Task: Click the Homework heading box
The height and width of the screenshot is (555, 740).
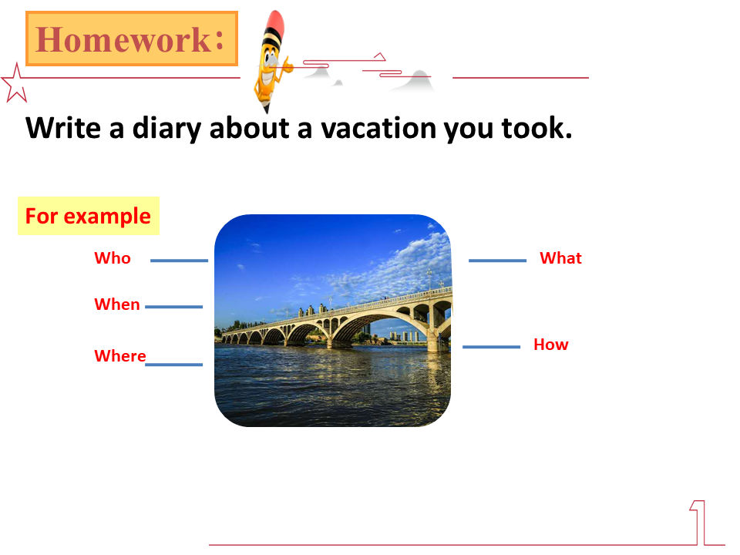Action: click(132, 39)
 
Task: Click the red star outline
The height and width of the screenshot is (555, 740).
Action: click(15, 84)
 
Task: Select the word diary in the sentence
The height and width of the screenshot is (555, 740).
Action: click(166, 129)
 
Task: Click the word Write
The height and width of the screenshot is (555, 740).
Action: click(63, 128)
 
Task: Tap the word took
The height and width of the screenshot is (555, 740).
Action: click(536, 128)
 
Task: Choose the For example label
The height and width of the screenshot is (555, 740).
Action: click(88, 216)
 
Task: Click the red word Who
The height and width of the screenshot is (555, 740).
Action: click(113, 258)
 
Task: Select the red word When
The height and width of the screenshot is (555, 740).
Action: click(117, 304)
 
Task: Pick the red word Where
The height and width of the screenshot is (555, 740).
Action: click(120, 356)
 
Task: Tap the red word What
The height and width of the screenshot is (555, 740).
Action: click(560, 258)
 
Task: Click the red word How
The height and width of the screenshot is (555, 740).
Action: click(550, 345)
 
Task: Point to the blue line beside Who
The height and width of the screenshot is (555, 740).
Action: click(180, 261)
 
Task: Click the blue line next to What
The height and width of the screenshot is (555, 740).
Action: click(497, 261)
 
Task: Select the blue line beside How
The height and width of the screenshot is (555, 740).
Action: click(491, 347)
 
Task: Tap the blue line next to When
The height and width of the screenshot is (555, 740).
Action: click(173, 307)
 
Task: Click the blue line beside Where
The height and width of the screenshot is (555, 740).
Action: click(173, 365)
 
